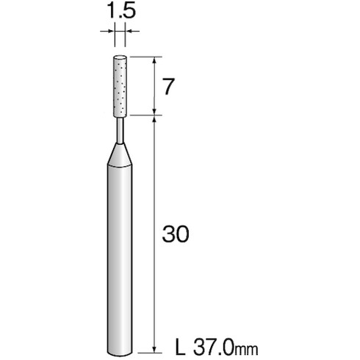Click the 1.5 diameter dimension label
tap(121, 12)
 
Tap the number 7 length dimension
tap(169, 87)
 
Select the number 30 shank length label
tap(176, 234)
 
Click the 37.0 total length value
tap(213, 347)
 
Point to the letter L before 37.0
tap(180, 347)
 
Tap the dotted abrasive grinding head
tap(120, 86)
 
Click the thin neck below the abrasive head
tap(120, 131)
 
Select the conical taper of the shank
tap(120, 155)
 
